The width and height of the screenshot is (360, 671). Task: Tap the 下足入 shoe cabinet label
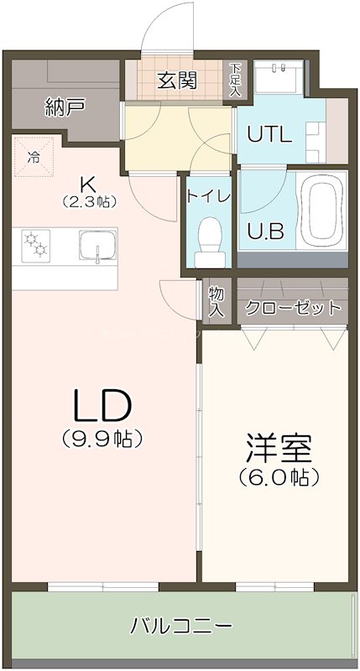tap(236, 80)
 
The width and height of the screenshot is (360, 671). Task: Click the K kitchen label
tap(86, 183)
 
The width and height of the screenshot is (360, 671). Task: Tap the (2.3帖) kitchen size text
tap(88, 201)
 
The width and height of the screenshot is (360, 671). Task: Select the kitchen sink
tap(98, 247)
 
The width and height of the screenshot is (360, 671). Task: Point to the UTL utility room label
tap(269, 133)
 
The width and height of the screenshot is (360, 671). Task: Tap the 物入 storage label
tap(217, 301)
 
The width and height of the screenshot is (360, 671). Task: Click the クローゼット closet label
tap(293, 307)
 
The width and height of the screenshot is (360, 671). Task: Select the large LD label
tap(102, 406)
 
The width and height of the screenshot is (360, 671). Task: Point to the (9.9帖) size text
tap(102, 438)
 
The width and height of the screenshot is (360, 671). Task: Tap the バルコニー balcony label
tap(181, 626)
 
